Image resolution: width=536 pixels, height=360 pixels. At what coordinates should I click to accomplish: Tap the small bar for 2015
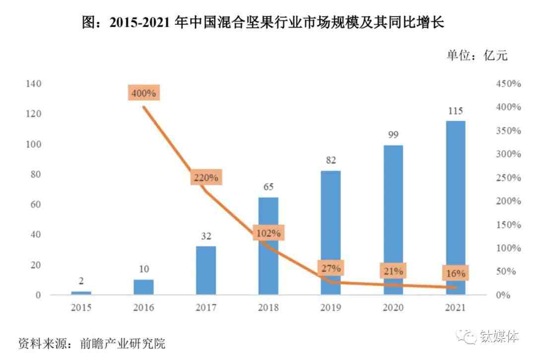81,293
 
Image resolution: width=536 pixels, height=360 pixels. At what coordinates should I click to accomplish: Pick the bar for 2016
144,287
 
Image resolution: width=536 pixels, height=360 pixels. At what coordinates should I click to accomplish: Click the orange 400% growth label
144,93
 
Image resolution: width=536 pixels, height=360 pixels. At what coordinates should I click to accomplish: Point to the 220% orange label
206,178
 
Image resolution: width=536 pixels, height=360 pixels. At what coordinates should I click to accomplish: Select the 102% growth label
268,233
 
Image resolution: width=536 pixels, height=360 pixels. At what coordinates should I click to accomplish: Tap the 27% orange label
331,269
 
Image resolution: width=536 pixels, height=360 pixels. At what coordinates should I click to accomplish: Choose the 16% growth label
455,273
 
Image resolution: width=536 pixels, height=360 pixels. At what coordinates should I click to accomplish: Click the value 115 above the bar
455,111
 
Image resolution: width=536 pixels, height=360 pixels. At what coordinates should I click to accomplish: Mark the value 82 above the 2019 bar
331,160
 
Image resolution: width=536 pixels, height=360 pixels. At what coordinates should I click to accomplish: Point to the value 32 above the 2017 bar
206,236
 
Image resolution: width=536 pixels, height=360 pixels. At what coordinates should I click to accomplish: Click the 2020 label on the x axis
393,308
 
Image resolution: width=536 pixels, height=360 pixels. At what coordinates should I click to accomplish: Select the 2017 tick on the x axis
206,308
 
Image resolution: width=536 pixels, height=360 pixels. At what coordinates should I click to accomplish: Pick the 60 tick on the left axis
36,204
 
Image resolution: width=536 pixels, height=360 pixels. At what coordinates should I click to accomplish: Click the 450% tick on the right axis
508,84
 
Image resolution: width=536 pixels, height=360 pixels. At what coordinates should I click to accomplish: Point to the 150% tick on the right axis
508,225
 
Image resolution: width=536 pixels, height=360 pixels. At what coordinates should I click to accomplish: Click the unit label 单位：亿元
477,56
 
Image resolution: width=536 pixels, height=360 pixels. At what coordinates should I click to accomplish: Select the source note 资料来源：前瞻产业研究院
92,343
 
